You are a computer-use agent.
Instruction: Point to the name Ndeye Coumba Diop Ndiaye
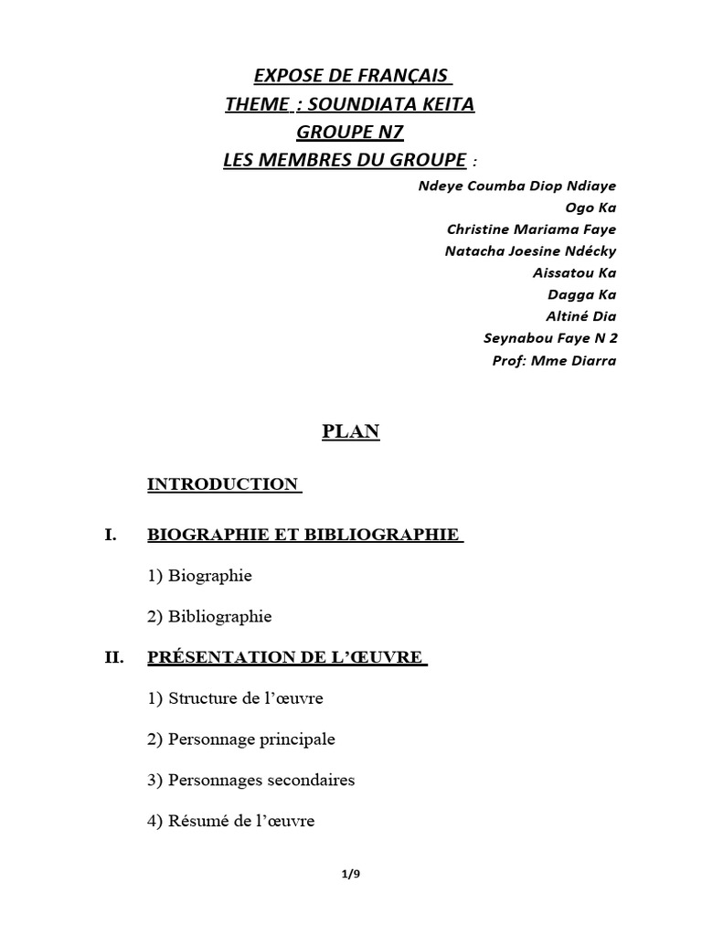(516, 186)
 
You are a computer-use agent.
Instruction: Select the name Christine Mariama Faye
(531, 229)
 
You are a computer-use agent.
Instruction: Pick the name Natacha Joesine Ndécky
(530, 251)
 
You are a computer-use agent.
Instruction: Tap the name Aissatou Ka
(574, 272)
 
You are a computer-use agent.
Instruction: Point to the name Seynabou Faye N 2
(549, 338)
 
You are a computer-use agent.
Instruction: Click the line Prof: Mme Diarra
(554, 360)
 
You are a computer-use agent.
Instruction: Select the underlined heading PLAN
(351, 432)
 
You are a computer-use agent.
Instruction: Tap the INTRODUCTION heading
(223, 484)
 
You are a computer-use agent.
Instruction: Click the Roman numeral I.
(111, 535)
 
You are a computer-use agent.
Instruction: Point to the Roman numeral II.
(113, 657)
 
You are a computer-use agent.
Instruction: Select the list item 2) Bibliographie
(209, 617)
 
